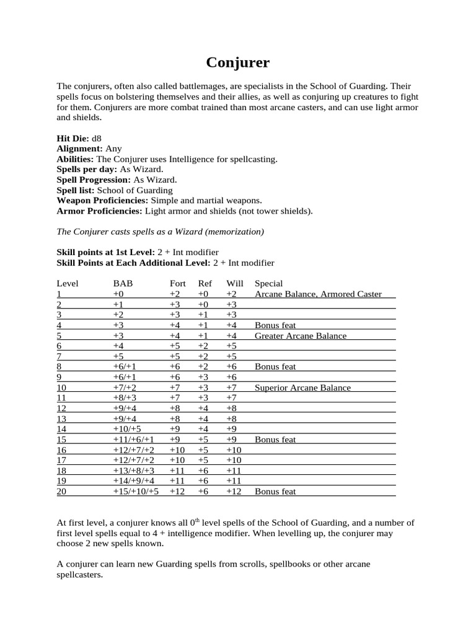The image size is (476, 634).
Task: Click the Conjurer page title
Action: coord(237,63)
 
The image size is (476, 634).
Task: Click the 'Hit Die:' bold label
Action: coord(73,139)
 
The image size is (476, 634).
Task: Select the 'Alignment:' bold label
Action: coord(79,149)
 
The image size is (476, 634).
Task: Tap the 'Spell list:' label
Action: coord(76,190)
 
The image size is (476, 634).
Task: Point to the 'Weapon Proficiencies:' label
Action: coord(102,201)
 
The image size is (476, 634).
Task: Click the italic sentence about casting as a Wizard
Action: coord(161,232)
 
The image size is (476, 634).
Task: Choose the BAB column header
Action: coord(123,284)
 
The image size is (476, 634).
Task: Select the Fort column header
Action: coord(178,284)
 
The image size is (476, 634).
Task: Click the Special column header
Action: coord(269,284)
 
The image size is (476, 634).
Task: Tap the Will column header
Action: coord(235,284)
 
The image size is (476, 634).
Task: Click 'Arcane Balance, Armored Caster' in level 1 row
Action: coord(318,294)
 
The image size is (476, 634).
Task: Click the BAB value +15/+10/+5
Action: coord(136,492)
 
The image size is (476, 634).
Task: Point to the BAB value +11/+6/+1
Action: coord(133,440)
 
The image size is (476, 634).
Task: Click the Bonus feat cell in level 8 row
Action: coord(275,367)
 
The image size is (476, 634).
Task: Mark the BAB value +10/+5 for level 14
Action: coord(127,429)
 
